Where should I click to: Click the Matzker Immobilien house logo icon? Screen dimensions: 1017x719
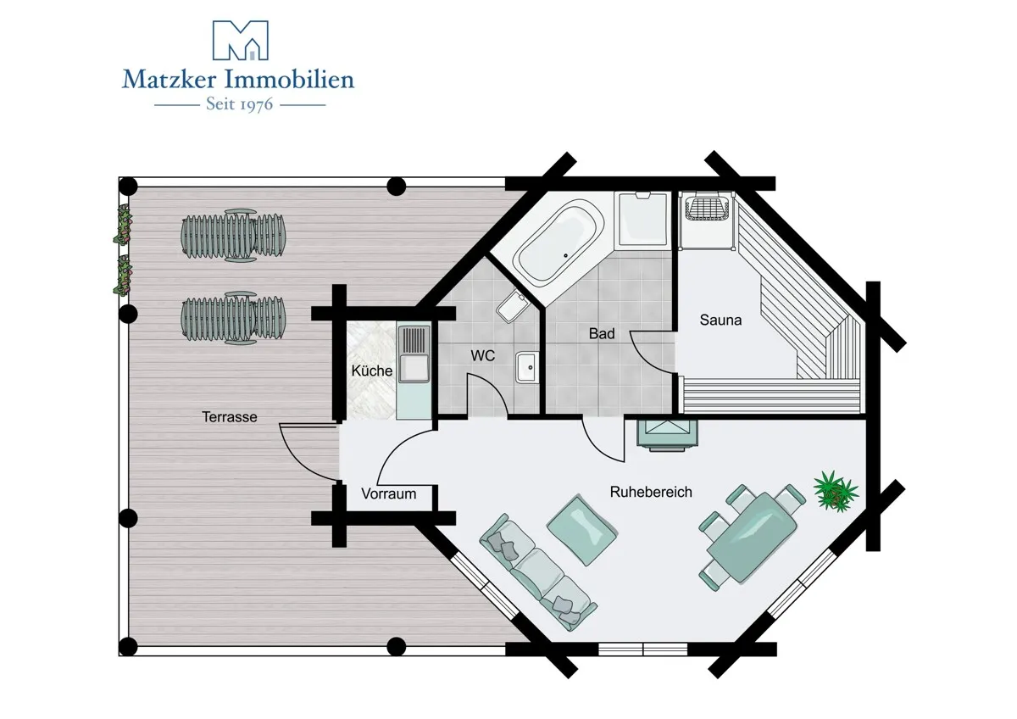tap(241, 40)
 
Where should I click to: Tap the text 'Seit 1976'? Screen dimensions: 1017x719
tap(240, 104)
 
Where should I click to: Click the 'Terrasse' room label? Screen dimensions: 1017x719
tap(230, 417)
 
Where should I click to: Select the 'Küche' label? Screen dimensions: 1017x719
tap(372, 371)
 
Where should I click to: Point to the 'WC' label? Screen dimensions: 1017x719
tap(482, 355)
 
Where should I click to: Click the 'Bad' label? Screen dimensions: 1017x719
tap(602, 334)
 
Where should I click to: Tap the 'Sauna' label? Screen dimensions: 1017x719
tap(720, 320)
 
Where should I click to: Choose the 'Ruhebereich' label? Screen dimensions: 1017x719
tap(651, 492)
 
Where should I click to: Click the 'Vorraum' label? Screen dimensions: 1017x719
tap(389, 493)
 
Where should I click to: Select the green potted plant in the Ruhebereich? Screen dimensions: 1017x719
tap(836, 492)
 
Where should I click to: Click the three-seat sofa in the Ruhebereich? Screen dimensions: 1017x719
tap(538, 572)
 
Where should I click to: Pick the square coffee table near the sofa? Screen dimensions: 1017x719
tap(581, 530)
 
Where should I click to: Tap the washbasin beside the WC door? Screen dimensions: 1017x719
tap(527, 367)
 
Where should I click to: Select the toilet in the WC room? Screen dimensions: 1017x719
tap(514, 306)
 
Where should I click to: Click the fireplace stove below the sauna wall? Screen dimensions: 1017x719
tap(666, 434)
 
